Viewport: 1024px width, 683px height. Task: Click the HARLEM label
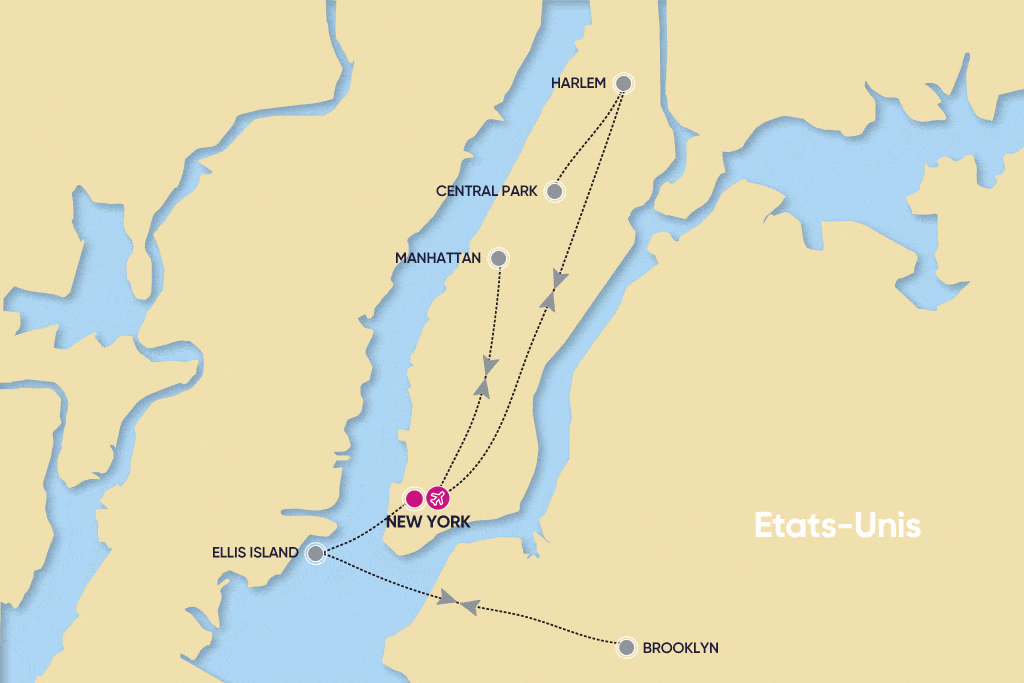pos(578,83)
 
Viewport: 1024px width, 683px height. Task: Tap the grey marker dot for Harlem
pos(623,83)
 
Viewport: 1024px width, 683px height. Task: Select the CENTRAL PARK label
pos(487,191)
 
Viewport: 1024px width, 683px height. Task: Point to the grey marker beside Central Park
pos(553,191)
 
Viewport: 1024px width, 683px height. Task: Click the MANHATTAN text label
pos(438,258)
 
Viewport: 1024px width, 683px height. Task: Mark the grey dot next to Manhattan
pos(498,258)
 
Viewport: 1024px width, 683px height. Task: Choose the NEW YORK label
pos(427,521)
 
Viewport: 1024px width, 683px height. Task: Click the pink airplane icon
pos(437,497)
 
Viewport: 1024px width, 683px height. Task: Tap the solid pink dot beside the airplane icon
pos(413,497)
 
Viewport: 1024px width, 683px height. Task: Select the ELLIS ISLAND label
pos(255,552)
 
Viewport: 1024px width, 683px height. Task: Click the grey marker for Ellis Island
pos(315,552)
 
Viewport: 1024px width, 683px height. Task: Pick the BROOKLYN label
pos(680,648)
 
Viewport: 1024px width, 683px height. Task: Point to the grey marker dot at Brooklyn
pos(626,647)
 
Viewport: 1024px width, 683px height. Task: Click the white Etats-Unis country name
pos(836,526)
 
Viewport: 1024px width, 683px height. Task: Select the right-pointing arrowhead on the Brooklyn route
pos(449,598)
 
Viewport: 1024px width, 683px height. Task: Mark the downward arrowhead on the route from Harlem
pos(562,279)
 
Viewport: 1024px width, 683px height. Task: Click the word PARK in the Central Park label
pos(518,191)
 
